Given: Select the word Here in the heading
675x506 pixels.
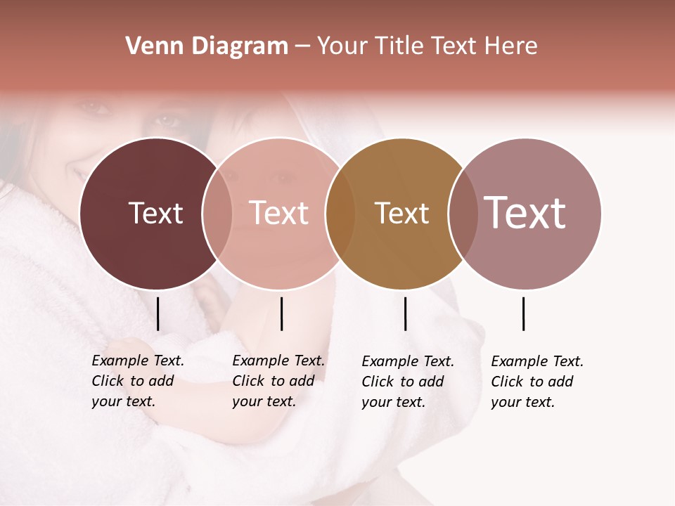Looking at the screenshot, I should coord(513,46).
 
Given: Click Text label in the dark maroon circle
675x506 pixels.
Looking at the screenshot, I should coord(155,213).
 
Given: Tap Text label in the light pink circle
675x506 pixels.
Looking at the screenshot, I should coord(279,213).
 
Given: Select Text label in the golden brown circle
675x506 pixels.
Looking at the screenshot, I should coord(401,213).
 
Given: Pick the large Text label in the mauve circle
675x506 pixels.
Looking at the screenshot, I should coord(525,213).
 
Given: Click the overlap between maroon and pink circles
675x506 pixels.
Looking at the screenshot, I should coord(217,213).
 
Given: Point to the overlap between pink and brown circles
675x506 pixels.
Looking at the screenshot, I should coord(340,213).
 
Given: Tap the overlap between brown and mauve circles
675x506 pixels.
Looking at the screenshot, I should coord(463,213).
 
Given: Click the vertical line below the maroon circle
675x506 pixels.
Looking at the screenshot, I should coord(158,313).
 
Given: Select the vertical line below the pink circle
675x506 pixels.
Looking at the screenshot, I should coord(281,313).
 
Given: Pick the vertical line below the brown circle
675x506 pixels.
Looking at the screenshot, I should coord(405,313).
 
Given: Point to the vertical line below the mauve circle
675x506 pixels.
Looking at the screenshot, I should coord(524,313).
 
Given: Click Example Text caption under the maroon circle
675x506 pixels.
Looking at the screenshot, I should coord(138,381).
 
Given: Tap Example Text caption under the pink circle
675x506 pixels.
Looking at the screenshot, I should coord(278,381).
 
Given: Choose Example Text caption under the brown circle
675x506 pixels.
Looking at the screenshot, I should coord(408,381).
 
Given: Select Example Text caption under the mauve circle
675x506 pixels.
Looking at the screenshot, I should coord(537,381).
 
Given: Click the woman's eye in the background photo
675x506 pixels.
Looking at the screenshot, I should coord(167,120).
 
